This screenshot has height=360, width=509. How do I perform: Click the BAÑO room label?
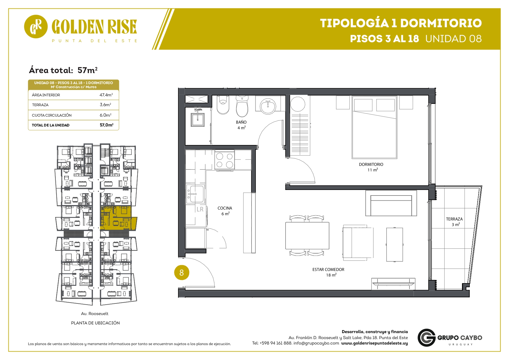[241, 122]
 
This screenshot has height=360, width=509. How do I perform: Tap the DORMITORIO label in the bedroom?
[371, 164]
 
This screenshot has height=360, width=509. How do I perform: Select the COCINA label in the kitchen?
[225, 208]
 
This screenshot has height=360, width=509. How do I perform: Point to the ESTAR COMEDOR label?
[328, 269]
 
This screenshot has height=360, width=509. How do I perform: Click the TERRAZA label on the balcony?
[454, 219]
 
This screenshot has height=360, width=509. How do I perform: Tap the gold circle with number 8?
[182, 273]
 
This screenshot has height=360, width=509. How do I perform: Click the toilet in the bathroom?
[242, 106]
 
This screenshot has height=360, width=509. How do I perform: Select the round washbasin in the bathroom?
[268, 106]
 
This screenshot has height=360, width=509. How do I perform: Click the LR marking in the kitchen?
[200, 209]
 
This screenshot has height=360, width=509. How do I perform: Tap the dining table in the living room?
[307, 236]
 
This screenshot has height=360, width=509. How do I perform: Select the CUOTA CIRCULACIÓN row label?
[52, 115]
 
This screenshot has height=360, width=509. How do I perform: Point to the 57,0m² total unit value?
[107, 125]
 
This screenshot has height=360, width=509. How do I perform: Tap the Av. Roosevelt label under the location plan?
[95, 314]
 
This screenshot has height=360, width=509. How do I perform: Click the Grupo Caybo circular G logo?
[426, 338]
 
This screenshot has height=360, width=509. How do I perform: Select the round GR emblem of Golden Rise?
[36, 26]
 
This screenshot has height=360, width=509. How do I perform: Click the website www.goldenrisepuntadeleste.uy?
[374, 343]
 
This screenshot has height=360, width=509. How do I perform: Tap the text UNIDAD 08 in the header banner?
[454, 39]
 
